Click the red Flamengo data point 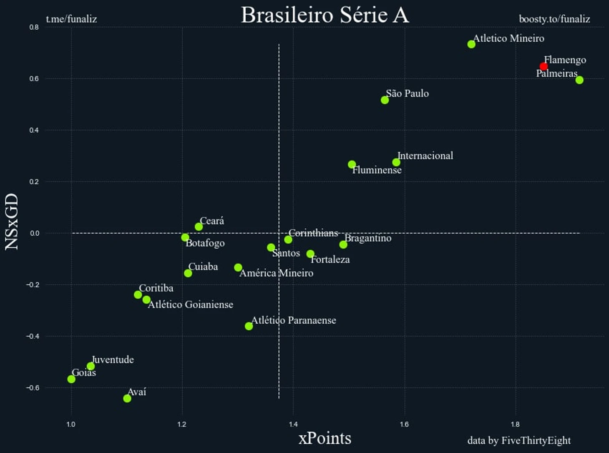tap(544, 66)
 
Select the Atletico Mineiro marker tap(471, 44)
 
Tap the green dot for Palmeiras tap(579, 80)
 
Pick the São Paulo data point tap(385, 100)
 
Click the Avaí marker tap(127, 398)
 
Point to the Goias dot tap(71, 379)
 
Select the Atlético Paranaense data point tap(249, 326)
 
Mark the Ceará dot tap(199, 227)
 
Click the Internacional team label tap(425, 156)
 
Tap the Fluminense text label tap(377, 170)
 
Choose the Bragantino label tap(368, 238)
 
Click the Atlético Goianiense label tap(191, 305)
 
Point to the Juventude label tap(113, 360)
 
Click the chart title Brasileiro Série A tap(325, 15)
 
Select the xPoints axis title tap(325, 438)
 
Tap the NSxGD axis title tap(12, 221)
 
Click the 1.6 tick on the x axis tap(405, 425)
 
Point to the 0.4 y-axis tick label tap(34, 130)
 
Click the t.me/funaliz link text tap(71, 19)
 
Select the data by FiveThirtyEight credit tap(519, 440)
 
